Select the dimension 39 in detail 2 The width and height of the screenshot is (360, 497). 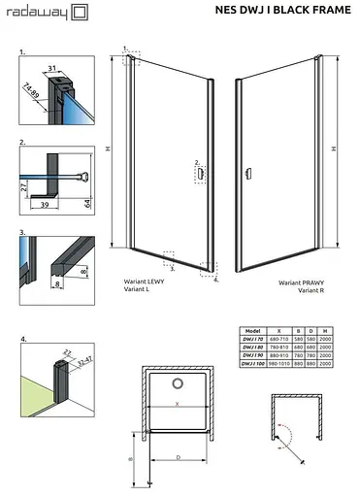click(x=44, y=205)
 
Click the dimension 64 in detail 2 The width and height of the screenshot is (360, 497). click(x=88, y=203)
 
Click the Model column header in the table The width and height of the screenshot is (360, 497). click(x=254, y=330)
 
